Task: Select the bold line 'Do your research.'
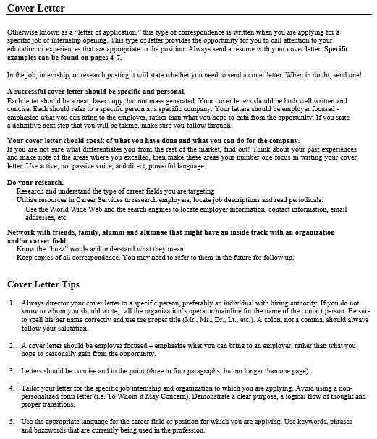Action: tap(35, 182)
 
